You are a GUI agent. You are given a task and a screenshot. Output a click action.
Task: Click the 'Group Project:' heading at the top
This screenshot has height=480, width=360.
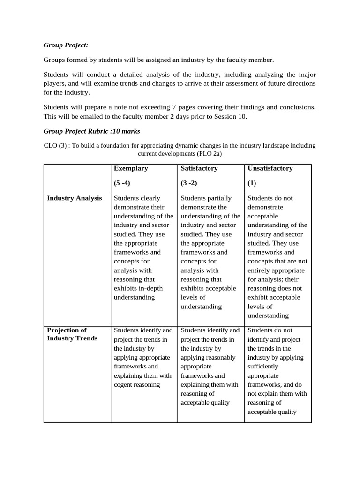[66, 45]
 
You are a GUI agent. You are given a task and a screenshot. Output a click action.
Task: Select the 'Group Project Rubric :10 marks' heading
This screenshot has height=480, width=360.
[91, 131]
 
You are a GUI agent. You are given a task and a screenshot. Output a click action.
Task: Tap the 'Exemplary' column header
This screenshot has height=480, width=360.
[131, 168]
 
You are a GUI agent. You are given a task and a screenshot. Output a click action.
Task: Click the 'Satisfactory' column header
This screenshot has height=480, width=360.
[199, 168]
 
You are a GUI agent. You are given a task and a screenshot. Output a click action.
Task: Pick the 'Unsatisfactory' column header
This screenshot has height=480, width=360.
[270, 168]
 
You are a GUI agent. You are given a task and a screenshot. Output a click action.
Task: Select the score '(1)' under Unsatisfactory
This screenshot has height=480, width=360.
[252, 183]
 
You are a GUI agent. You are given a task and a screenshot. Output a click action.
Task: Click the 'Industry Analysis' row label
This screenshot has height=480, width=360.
[75, 198]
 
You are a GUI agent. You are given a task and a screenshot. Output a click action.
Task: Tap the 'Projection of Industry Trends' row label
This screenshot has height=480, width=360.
[73, 334]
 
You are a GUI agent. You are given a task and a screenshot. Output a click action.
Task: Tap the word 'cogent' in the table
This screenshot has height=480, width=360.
[124, 385]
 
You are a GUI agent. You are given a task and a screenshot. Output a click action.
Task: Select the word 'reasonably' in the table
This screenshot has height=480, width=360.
[220, 358]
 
